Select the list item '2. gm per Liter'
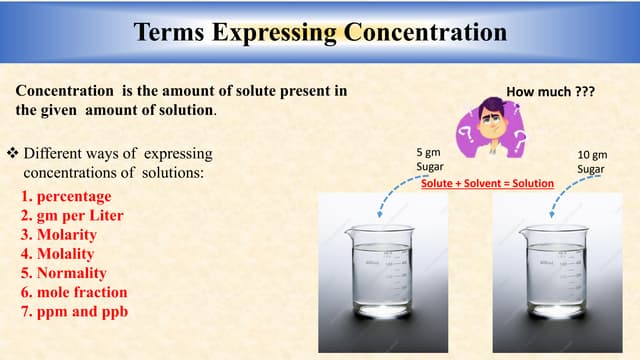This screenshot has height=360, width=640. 71,215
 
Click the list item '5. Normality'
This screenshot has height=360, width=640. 63,272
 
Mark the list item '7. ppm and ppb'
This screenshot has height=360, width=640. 73,311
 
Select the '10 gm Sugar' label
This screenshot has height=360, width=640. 592,162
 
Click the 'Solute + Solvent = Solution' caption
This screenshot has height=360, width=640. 486,185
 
